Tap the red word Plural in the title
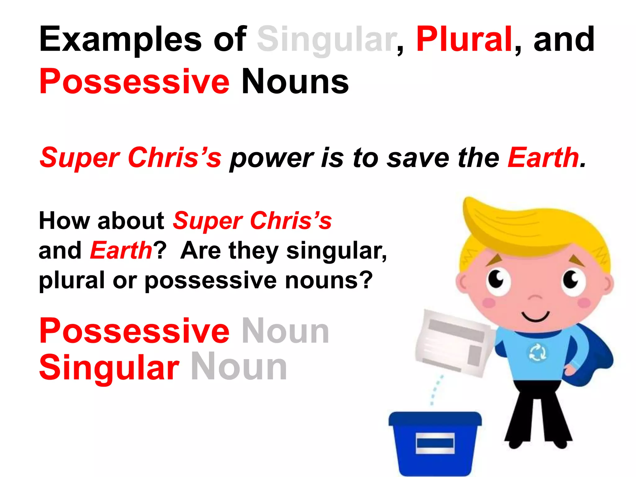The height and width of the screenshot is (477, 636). pyautogui.click(x=464, y=40)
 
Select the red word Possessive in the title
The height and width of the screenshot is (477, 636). pyautogui.click(x=134, y=81)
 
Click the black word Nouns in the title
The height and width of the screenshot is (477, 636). pyautogui.click(x=295, y=81)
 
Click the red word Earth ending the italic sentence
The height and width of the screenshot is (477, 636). pyautogui.click(x=543, y=158)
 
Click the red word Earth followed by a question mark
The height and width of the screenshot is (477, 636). pyautogui.click(x=121, y=250)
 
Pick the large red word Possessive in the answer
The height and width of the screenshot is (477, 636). pyautogui.click(x=134, y=331)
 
